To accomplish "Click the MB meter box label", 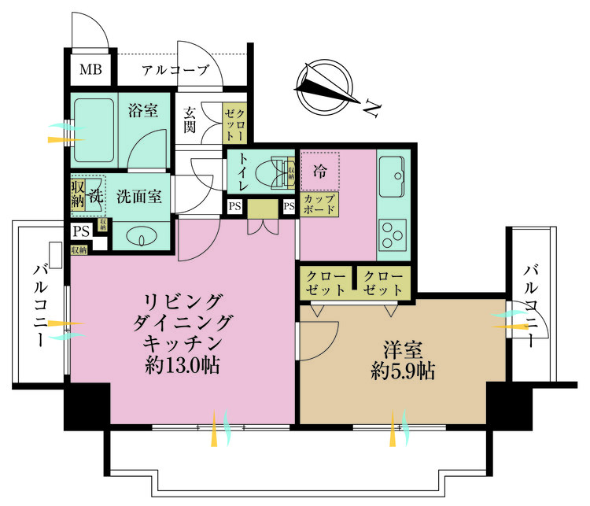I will [x=90, y=70].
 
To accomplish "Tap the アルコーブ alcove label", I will [x=175, y=70].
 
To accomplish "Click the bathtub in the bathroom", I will [x=94, y=130].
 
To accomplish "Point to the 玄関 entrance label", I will [x=190, y=120].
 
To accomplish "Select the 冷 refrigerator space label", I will [x=319, y=168].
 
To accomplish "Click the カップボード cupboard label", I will [x=320, y=205].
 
